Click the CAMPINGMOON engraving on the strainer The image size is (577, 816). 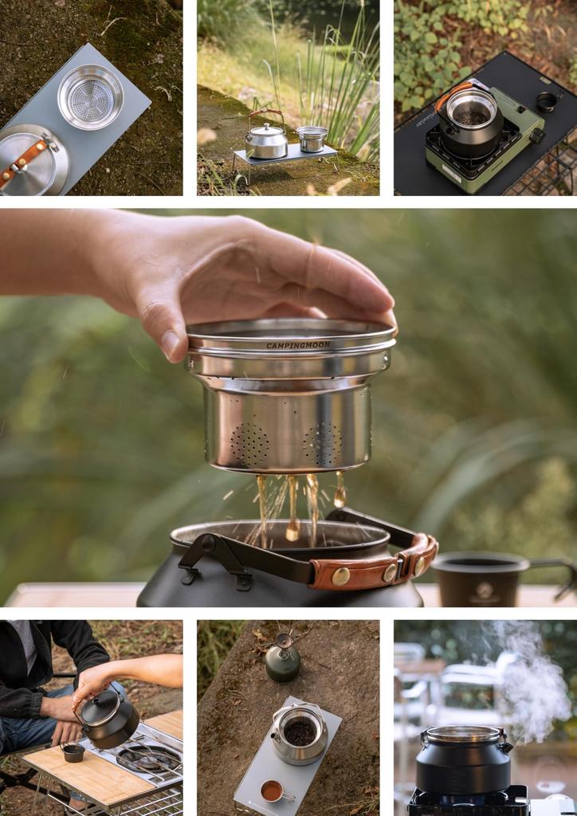(298, 345)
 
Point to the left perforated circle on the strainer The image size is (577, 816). (249, 443)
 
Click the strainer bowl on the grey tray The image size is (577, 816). (90, 97)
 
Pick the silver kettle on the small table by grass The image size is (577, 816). (266, 141)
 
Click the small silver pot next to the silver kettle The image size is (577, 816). (311, 139)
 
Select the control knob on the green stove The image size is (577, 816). (536, 135)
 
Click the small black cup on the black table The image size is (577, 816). (547, 101)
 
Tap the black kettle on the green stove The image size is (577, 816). (470, 121)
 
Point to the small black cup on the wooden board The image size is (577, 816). (73, 751)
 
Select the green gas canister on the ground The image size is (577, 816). (283, 661)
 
